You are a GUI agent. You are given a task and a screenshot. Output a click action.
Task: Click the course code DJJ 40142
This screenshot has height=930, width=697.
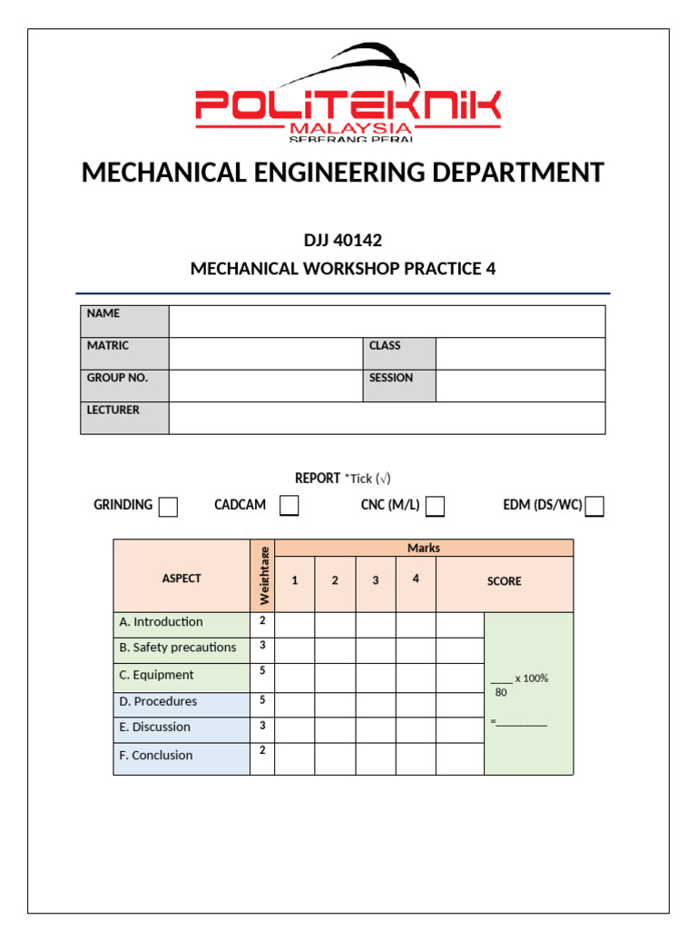click(x=343, y=241)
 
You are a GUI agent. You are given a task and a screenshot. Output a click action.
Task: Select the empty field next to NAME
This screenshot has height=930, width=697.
click(x=387, y=322)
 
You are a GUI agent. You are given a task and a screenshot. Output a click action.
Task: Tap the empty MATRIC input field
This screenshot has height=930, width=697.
click(x=265, y=353)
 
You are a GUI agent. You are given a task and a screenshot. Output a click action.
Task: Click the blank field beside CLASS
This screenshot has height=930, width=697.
click(x=520, y=353)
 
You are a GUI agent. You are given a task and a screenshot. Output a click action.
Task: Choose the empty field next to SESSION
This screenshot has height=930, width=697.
click(x=520, y=385)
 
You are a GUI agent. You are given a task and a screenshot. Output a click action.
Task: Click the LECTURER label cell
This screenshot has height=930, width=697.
click(x=124, y=418)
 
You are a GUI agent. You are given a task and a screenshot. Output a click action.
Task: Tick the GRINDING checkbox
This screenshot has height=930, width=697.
click(x=168, y=507)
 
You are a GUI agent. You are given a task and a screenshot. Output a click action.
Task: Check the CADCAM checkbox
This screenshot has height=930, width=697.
click(x=289, y=506)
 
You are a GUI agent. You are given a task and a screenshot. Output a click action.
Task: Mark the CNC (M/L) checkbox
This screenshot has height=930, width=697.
click(x=435, y=507)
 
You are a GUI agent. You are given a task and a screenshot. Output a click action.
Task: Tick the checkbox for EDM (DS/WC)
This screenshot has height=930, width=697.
click(x=594, y=507)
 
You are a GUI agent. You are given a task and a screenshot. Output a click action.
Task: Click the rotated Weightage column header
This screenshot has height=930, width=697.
click(x=263, y=576)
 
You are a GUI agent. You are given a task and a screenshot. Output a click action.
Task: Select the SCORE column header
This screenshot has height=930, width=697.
click(x=504, y=581)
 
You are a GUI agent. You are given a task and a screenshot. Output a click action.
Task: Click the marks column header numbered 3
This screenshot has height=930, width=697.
click(x=375, y=581)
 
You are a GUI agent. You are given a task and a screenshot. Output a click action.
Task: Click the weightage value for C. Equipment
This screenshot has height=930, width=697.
click(x=262, y=672)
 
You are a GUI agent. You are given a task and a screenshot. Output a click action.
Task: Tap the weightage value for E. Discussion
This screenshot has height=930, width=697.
click(x=262, y=725)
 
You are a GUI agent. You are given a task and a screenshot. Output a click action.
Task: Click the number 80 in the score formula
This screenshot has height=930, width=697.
click(x=501, y=692)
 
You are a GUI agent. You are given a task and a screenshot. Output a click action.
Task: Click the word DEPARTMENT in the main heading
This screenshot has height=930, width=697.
click(x=514, y=173)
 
